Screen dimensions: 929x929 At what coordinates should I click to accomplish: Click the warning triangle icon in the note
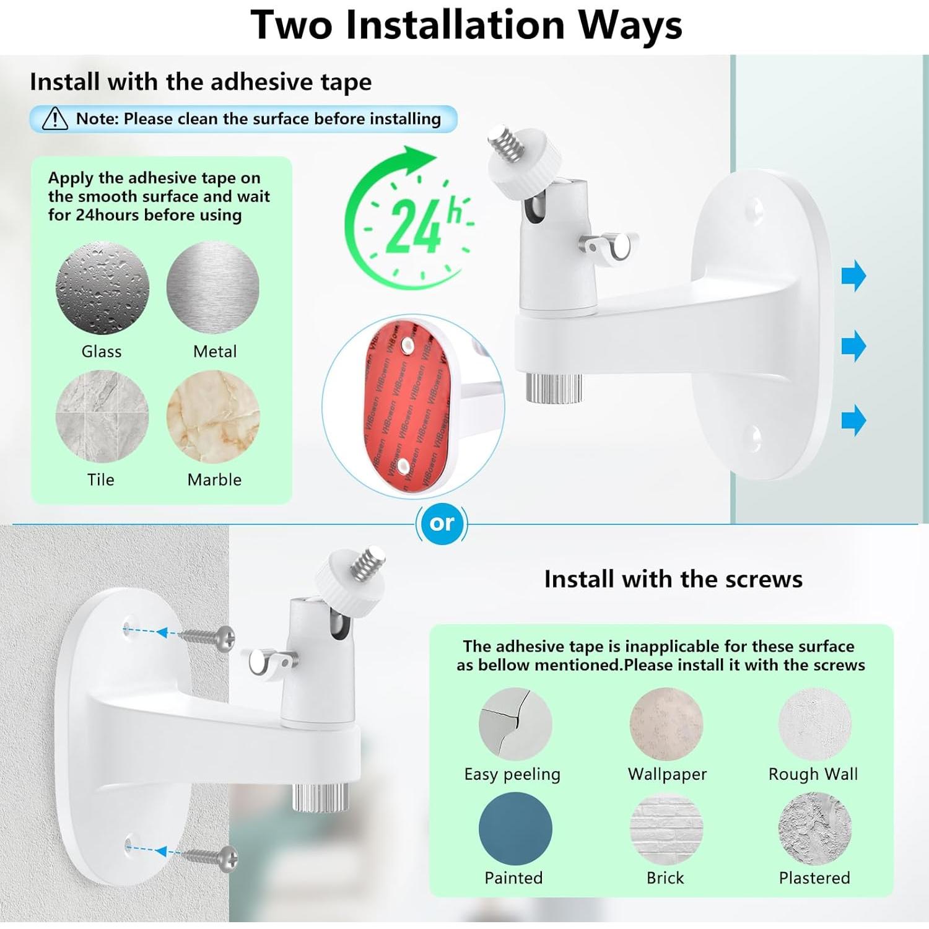click(55, 118)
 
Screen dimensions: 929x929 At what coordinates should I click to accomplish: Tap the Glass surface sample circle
click(102, 288)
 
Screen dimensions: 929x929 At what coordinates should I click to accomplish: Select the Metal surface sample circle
click(213, 288)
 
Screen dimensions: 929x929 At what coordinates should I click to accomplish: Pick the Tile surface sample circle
click(102, 417)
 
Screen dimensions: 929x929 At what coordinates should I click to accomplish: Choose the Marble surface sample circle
click(213, 417)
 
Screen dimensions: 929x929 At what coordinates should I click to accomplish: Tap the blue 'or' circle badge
click(442, 523)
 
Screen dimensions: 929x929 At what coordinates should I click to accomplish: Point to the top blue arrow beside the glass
click(853, 276)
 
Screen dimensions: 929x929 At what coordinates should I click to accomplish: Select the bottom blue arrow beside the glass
click(853, 420)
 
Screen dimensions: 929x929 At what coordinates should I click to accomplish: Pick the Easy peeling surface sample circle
click(515, 723)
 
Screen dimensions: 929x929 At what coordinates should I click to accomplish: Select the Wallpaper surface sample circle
click(666, 723)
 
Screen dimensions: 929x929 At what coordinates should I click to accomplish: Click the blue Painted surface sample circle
click(515, 829)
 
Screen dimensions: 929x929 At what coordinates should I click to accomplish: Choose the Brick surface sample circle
click(666, 829)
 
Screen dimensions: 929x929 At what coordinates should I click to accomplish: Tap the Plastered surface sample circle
click(814, 829)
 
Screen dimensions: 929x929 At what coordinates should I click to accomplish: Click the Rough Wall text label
click(813, 774)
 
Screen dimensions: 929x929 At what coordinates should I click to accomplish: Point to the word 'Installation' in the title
click(455, 26)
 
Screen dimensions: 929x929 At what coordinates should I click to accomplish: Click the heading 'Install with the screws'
click(673, 579)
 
